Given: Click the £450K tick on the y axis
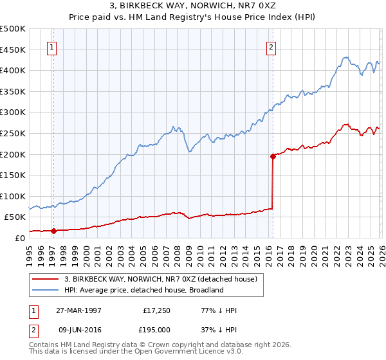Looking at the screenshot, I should pyautogui.click(x=13, y=50).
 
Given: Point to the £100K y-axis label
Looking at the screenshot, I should pyautogui.click(x=13, y=196).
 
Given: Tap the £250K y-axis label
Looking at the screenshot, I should pyautogui.click(x=13, y=133).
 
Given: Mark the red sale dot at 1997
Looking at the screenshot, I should pyautogui.click(x=54, y=231).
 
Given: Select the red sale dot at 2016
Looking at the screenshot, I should pyautogui.click(x=273, y=156).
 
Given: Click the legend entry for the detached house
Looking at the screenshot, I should pyautogui.click(x=160, y=279).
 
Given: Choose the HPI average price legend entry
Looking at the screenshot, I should pyautogui.click(x=143, y=290).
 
